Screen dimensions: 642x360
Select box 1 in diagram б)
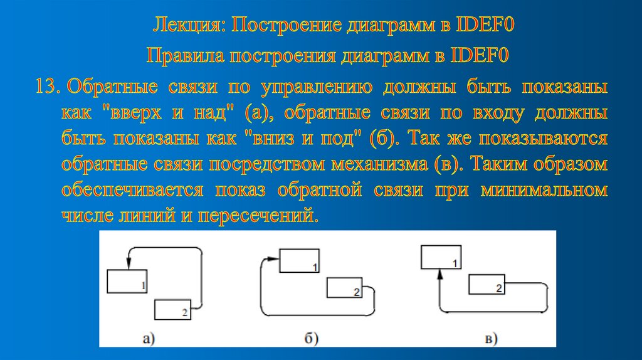click(298, 261)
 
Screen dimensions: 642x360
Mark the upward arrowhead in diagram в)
click(440, 274)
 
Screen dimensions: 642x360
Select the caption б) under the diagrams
click(312, 339)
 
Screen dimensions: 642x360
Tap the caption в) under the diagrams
click(490, 339)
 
